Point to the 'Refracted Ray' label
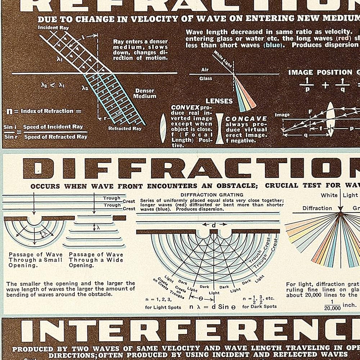click(125, 128)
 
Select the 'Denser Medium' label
click(145, 94)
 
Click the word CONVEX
click(185, 107)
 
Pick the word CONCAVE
click(246, 118)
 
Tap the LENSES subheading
click(219, 101)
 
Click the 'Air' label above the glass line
click(205, 70)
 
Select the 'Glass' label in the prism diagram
click(206, 78)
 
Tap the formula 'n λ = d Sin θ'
click(212, 307)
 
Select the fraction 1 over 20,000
click(332, 305)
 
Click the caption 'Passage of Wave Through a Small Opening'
click(36, 260)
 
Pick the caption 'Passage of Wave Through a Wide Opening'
click(96, 260)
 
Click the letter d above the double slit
click(213, 225)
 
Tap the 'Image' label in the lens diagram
click(282, 115)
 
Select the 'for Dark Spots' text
click(259, 306)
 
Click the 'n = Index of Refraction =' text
click(44, 111)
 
